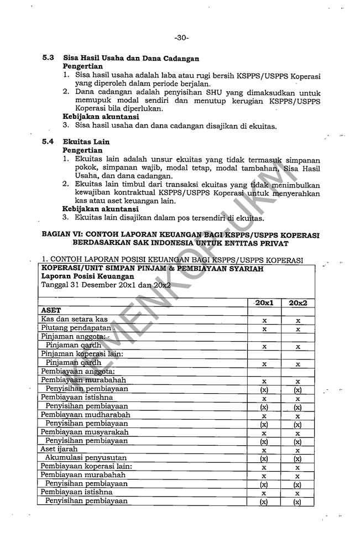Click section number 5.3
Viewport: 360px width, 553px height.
pyautogui.click(x=49, y=58)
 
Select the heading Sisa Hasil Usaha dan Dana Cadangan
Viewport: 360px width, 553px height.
pyautogui.click(x=131, y=58)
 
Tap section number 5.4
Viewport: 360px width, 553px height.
pyautogui.click(x=49, y=142)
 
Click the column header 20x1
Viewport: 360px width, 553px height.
pyautogui.click(x=264, y=302)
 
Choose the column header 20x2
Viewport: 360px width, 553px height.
pyautogui.click(x=298, y=302)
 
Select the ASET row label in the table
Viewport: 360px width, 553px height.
pyautogui.click(x=51, y=311)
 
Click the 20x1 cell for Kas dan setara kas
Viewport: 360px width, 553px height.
pyautogui.click(x=264, y=320)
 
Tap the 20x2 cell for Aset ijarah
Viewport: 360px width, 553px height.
pyautogui.click(x=298, y=450)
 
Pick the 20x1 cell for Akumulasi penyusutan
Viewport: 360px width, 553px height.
pyautogui.click(x=264, y=458)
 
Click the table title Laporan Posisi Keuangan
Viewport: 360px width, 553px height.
pyautogui.click(x=88, y=276)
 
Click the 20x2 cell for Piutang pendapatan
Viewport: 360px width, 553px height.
pyautogui.click(x=298, y=328)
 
